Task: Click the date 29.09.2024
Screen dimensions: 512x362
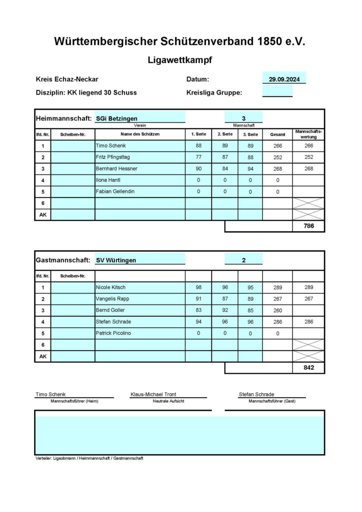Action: [x=283, y=79]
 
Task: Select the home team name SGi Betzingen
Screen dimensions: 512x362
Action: [x=116, y=118]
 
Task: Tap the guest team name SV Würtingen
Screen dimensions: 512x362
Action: [x=116, y=260]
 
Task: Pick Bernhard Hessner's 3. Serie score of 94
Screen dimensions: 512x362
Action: [x=250, y=169]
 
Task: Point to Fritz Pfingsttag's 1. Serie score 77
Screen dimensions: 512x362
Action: [x=198, y=157]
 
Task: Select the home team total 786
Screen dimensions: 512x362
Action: [x=308, y=226]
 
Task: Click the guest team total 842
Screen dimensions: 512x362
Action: [x=308, y=367]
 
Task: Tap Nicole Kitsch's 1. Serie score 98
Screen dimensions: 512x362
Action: [x=198, y=287]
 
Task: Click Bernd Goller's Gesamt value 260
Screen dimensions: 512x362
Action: [x=277, y=310]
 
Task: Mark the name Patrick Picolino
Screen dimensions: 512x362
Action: [x=113, y=333]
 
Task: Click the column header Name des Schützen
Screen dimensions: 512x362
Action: [x=140, y=134]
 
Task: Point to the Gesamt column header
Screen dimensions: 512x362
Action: [x=277, y=134]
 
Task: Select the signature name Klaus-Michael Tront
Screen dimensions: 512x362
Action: [x=153, y=394]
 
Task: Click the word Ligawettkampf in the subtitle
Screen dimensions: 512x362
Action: [x=180, y=60]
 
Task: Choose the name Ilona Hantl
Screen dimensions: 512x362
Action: [x=108, y=180]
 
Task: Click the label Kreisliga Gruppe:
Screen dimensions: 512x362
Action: [x=214, y=92]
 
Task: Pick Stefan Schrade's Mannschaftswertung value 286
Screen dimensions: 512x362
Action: [x=308, y=321]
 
